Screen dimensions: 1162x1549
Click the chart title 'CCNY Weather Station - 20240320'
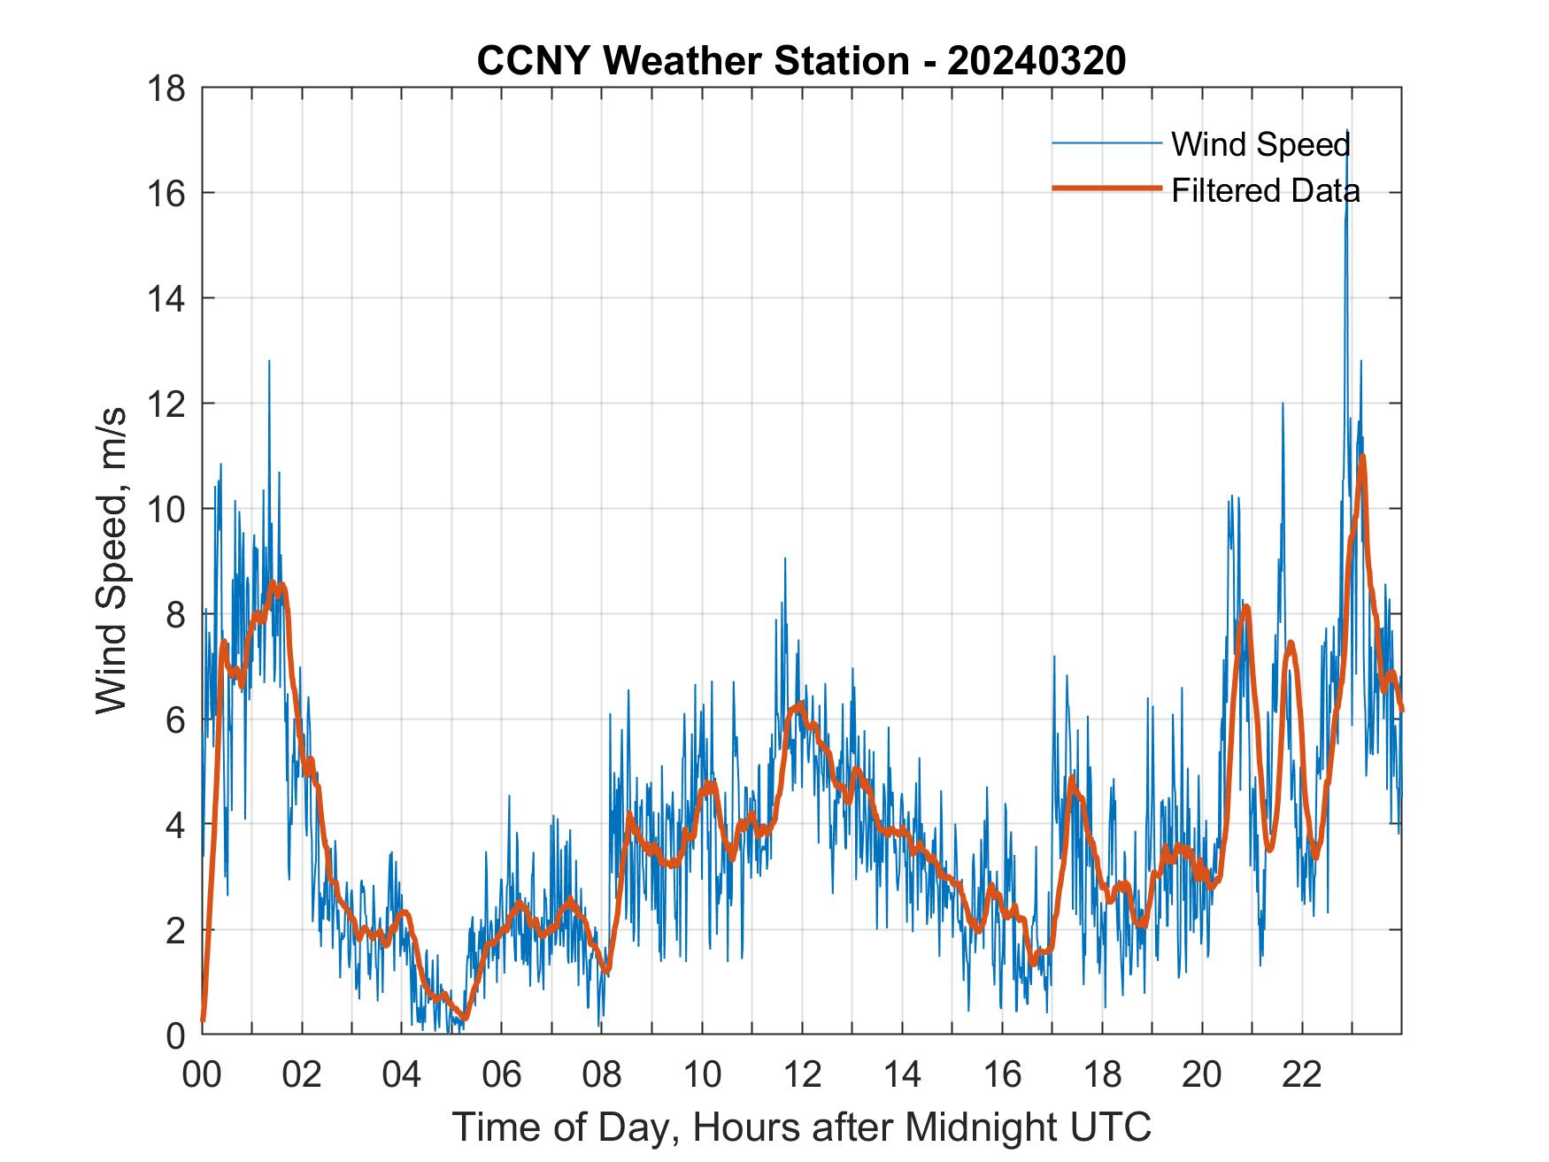click(801, 61)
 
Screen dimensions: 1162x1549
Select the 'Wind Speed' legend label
click(1260, 144)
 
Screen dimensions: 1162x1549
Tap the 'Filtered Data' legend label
click(1265, 190)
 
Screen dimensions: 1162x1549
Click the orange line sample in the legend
click(1106, 189)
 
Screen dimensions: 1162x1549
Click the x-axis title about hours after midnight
click(801, 1127)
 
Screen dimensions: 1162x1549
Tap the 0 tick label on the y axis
click(175, 1035)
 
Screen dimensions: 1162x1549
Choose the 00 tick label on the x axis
click(201, 1074)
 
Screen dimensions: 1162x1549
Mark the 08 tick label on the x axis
click(602, 1074)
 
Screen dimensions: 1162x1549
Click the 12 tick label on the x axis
click(802, 1074)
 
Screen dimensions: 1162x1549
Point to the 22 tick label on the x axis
click(1302, 1074)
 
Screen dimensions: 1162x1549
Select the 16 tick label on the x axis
click(1002, 1074)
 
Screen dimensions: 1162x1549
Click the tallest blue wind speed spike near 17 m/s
click(1347, 132)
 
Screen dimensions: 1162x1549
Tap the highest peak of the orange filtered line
click(1362, 457)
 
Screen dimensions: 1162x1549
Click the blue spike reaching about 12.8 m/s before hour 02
click(268, 362)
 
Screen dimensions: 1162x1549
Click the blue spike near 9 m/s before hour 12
click(784, 559)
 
